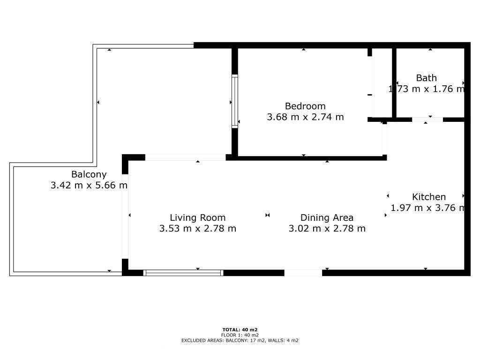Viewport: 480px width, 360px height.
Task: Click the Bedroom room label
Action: coord(305,106)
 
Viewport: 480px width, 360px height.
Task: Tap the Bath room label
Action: coord(426,78)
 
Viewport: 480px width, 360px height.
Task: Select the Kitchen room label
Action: coord(428,197)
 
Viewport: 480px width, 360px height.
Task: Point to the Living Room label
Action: coord(197,217)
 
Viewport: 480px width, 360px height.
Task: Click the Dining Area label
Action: coord(327,217)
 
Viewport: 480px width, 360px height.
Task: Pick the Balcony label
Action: coord(89,174)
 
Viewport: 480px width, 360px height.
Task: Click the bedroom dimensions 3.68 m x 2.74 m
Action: coord(305,117)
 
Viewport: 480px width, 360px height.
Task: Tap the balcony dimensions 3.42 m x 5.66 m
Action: coord(89,185)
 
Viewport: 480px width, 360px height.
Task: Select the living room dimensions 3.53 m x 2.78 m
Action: coord(197,228)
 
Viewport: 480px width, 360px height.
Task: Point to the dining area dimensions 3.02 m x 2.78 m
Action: coord(327,228)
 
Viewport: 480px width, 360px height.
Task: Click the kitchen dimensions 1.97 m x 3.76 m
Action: coord(428,208)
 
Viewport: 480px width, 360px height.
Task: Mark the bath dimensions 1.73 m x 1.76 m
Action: coord(427,89)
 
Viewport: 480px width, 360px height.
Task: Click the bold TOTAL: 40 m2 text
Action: coord(240,330)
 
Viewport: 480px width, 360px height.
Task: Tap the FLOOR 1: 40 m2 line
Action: coord(240,335)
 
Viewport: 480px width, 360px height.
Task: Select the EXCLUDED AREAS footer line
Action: coord(240,340)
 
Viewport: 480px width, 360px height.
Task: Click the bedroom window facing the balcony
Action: coord(235,101)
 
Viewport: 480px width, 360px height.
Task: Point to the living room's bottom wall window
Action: coord(183,273)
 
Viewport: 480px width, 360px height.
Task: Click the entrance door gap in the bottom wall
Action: coord(303,273)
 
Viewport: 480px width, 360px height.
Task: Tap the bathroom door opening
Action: coord(427,120)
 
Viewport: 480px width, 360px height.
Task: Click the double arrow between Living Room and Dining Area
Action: coord(268,215)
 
